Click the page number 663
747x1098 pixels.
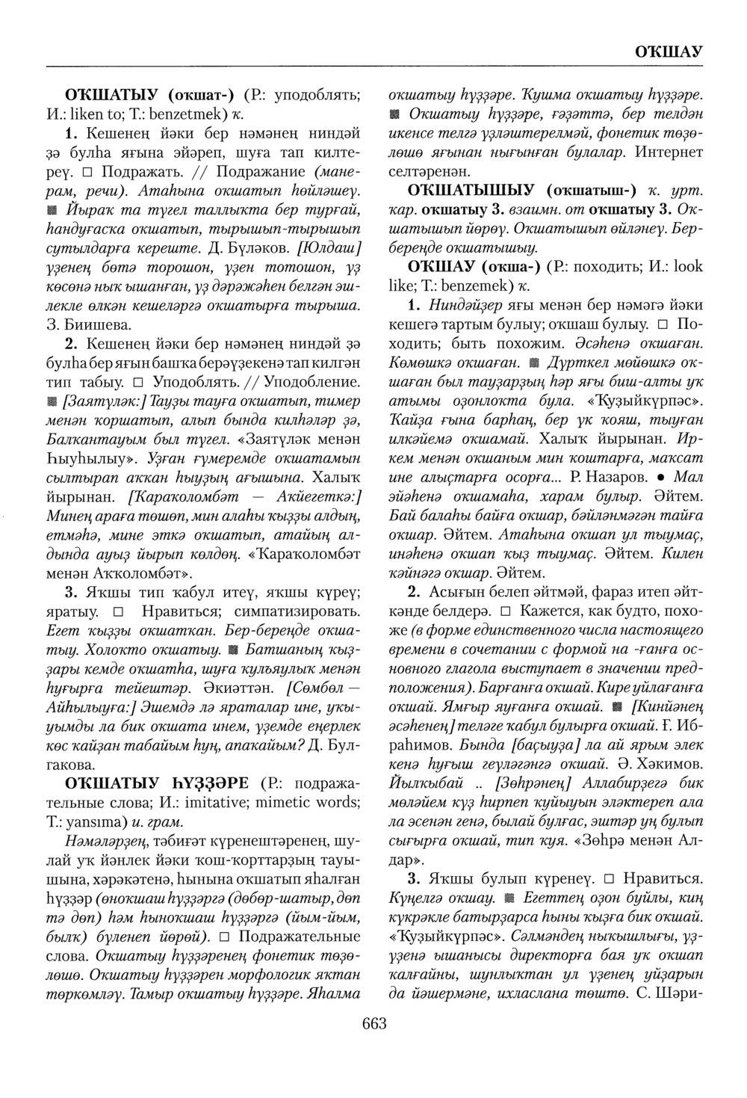tap(373, 1023)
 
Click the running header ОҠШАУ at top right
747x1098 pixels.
tap(668, 52)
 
